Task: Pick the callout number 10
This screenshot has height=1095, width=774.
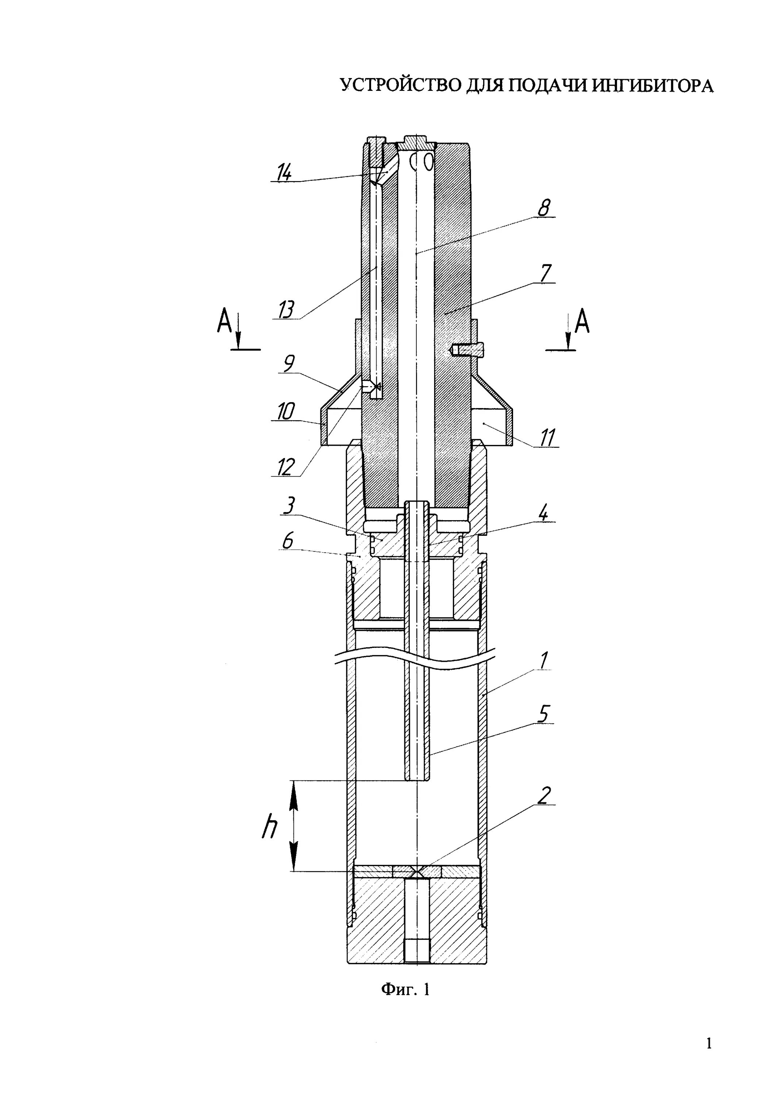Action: click(285, 412)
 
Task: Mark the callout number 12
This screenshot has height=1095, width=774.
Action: click(286, 467)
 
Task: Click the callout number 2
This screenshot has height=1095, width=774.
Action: click(544, 795)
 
